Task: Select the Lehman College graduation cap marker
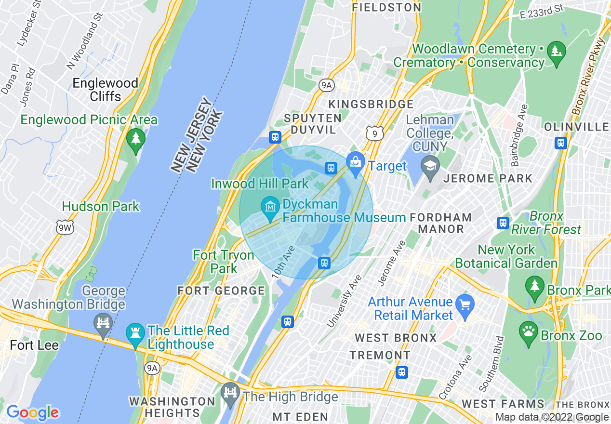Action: pyautogui.click(x=430, y=165)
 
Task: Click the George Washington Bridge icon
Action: pyautogui.click(x=103, y=323)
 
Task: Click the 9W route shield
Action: pyautogui.click(x=65, y=228)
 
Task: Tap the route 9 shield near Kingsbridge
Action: pyautogui.click(x=374, y=133)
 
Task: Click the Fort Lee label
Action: pyautogui.click(x=34, y=345)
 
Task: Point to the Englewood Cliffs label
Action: pyautogui.click(x=105, y=90)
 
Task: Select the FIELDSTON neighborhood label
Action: pyautogui.click(x=386, y=7)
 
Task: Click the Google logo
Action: pyautogui.click(x=32, y=412)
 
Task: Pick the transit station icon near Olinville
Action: pyautogui.click(x=561, y=143)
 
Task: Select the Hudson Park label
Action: pyautogui.click(x=101, y=206)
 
